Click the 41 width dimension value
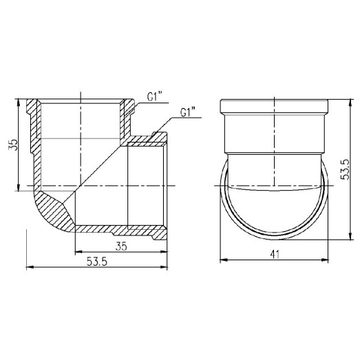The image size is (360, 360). coord(275,254)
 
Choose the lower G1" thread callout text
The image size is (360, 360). coord(187,112)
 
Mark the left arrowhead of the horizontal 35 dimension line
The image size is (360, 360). coord(76,250)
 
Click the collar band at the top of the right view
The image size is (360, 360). coord(275,109)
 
